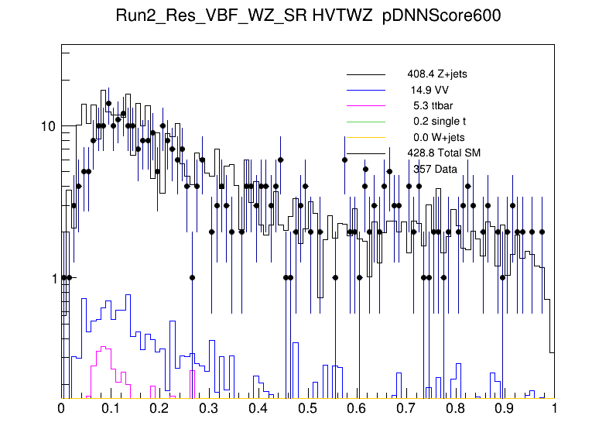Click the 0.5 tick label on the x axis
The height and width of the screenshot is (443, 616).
[308, 408]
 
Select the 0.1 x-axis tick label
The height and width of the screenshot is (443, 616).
[111, 408]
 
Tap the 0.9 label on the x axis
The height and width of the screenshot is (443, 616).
[505, 408]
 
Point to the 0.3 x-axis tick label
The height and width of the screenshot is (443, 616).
[210, 408]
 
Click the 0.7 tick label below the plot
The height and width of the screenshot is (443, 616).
[407, 408]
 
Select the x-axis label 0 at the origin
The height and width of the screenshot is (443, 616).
[62, 408]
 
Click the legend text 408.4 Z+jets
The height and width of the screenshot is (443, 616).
[436, 74]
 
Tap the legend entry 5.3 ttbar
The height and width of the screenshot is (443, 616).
[433, 105]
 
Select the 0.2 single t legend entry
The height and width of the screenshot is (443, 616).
[440, 121]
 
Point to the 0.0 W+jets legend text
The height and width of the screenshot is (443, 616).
[438, 137]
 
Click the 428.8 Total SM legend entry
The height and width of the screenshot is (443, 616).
[444, 153]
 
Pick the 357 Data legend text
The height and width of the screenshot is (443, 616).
[435, 168]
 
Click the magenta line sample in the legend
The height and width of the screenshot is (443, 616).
[365, 105]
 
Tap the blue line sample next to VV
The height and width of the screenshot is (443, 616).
[365, 90]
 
